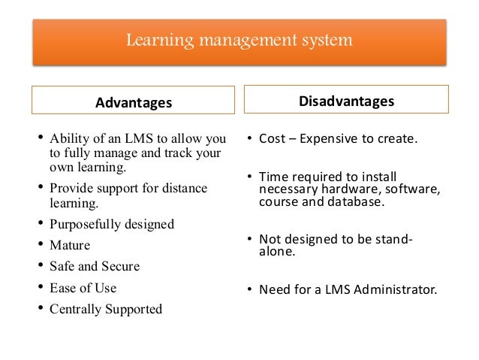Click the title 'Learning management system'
pos(239,38)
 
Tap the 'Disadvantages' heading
pos(347,101)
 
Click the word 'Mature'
pos(69,245)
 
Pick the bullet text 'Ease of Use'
pos(83,287)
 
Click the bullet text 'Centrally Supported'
pos(105,308)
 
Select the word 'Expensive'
pos(333,140)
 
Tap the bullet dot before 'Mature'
pos(41,245)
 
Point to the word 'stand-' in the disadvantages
pos(396,239)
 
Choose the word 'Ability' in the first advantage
pos(68,140)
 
